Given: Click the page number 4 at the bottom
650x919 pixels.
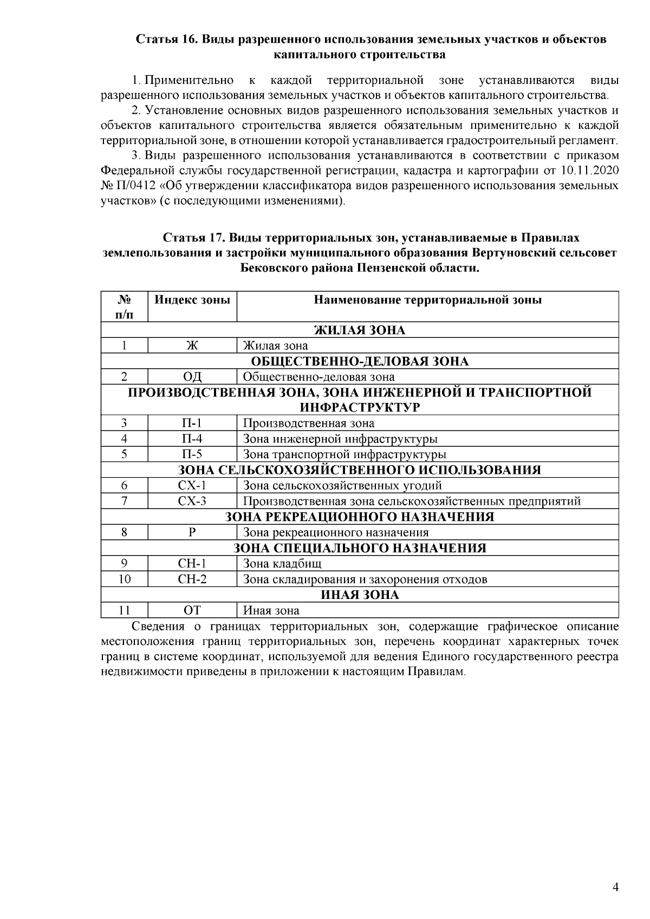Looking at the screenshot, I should click(614, 888).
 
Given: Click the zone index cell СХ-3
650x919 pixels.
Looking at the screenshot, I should click(192, 501).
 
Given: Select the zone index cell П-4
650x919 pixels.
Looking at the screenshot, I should click(192, 439).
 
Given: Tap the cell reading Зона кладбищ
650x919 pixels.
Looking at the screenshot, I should click(282, 564).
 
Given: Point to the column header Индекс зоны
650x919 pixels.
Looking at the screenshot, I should click(192, 299).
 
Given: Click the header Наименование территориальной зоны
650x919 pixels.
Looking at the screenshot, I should click(427, 299).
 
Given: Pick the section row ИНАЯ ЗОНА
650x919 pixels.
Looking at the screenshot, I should click(360, 595).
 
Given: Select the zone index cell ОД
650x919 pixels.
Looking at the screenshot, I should click(192, 377).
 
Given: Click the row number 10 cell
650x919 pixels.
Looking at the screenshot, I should click(124, 579).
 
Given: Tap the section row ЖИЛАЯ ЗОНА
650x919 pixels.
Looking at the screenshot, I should click(360, 330).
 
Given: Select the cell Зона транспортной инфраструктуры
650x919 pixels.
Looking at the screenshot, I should click(344, 454).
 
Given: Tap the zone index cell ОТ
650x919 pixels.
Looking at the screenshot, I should click(192, 610).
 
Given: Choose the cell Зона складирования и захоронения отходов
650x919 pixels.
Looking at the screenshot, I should click(365, 579).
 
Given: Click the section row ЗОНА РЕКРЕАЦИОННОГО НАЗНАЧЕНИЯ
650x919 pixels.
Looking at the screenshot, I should click(360, 517).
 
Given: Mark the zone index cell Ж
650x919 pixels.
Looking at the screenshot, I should click(192, 346).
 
